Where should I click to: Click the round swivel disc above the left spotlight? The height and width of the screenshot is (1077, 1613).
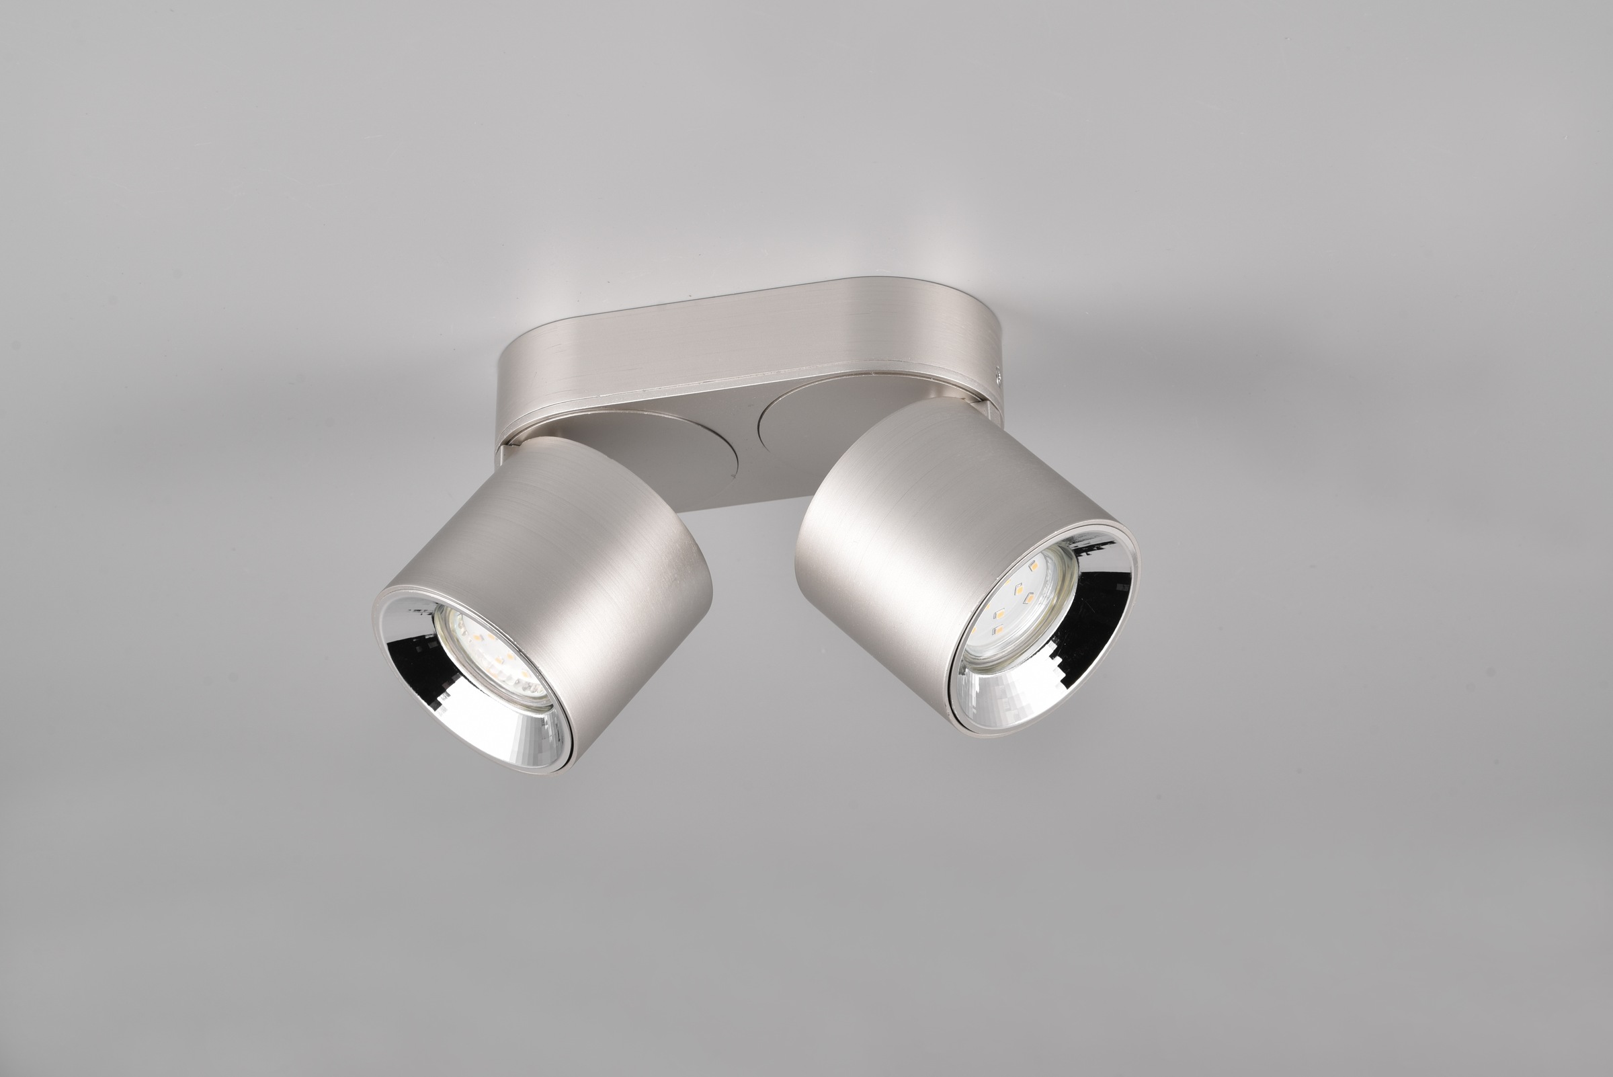pyautogui.click(x=659, y=453)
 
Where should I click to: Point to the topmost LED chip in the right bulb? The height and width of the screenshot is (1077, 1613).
pyautogui.click(x=1032, y=568)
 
